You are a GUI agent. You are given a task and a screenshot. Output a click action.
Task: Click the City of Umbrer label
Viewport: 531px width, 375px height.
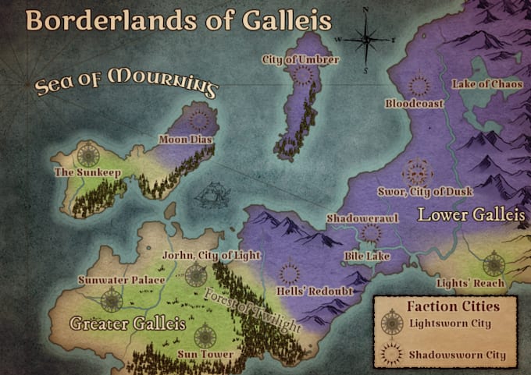(301, 60)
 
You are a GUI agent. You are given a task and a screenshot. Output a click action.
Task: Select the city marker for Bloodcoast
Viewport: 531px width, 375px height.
(419, 86)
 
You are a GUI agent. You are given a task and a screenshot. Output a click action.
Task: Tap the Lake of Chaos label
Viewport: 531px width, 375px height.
(486, 83)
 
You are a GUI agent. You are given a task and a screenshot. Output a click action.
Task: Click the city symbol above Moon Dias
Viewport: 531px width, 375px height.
(201, 119)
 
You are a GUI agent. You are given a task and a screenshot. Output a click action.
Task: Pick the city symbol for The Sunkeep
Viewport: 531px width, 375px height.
(87, 152)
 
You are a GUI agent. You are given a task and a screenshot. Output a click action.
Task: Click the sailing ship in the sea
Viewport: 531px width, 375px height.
(208, 196)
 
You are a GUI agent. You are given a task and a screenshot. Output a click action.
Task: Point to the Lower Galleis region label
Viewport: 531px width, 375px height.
(472, 214)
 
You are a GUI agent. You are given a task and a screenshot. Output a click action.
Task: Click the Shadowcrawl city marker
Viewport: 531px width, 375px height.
(371, 232)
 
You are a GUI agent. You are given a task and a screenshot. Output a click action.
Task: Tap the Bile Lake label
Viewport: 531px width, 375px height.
(362, 255)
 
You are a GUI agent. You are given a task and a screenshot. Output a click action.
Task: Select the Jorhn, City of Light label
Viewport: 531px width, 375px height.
(210, 255)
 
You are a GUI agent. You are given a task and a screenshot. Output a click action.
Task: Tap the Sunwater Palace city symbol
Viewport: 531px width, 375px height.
(111, 298)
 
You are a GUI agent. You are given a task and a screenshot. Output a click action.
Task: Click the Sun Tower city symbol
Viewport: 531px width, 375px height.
(205, 336)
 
